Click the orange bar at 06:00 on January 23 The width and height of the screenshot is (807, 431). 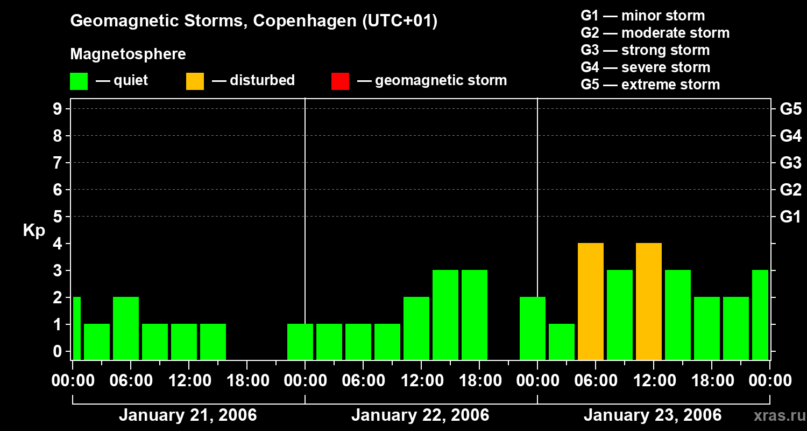(x=591, y=301)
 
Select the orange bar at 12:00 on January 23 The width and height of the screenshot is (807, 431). (x=649, y=301)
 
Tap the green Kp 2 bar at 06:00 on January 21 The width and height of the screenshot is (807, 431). (x=126, y=328)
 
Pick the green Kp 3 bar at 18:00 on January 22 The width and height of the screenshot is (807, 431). (x=475, y=315)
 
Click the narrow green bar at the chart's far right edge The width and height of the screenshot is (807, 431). (x=760, y=315)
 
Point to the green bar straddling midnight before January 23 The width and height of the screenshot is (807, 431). (x=533, y=328)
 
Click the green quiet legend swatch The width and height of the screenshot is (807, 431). (x=79, y=81)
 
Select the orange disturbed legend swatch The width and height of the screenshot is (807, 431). (x=195, y=81)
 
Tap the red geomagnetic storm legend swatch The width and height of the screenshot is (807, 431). (x=340, y=81)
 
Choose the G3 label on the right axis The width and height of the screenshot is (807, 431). (x=790, y=163)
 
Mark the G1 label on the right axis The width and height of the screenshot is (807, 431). (x=790, y=217)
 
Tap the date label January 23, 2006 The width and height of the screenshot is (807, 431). (x=652, y=415)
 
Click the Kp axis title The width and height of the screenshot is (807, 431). (x=34, y=231)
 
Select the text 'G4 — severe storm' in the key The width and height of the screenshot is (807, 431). (x=645, y=67)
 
